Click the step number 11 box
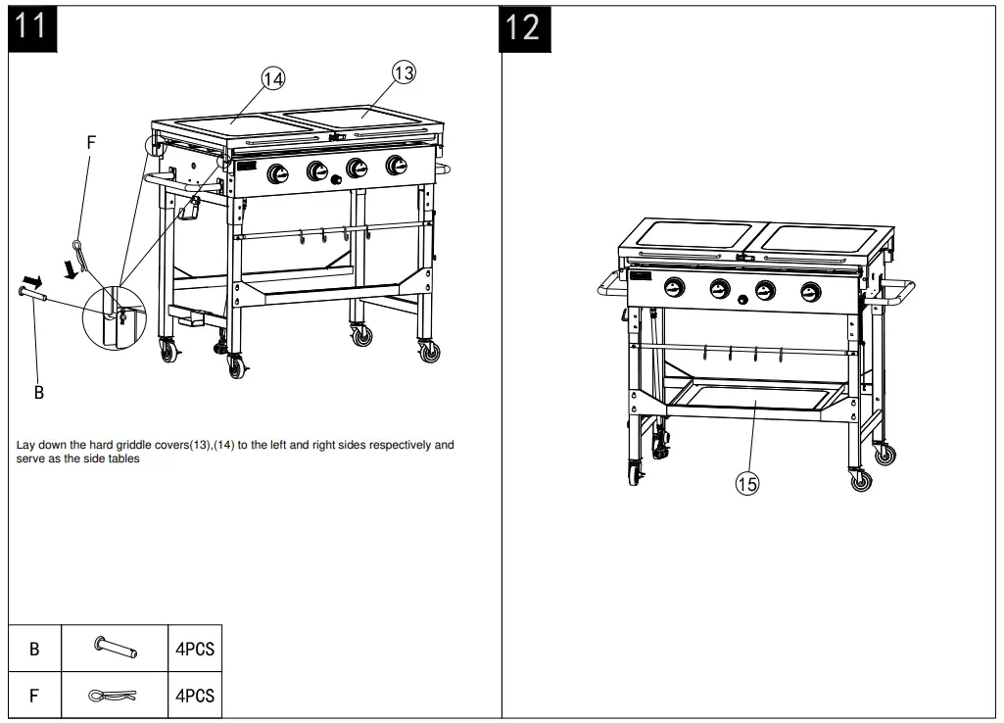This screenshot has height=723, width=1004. point(32,25)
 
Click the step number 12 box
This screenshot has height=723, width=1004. point(523,26)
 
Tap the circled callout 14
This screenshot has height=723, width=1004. point(272,78)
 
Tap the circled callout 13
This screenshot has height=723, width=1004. point(404,72)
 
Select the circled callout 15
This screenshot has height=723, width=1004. point(746,482)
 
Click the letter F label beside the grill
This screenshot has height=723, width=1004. point(91,142)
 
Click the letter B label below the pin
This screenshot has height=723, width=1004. point(39,392)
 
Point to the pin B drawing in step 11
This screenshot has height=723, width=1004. point(30,289)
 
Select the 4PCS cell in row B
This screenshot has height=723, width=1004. point(194,649)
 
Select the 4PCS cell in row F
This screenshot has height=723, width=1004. point(194,696)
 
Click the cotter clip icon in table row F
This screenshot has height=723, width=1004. point(114,696)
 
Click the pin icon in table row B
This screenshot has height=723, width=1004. point(115,648)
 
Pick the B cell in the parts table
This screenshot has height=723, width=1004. point(34,649)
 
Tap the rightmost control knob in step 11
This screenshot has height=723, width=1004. point(396,165)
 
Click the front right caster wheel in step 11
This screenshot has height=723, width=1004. point(429,351)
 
